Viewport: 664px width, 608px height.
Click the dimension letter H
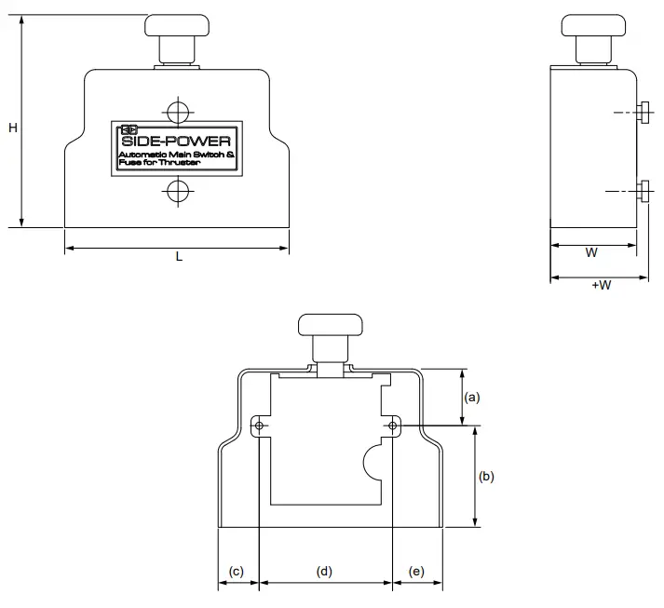click(x=13, y=128)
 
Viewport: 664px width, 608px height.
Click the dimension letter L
click(x=179, y=258)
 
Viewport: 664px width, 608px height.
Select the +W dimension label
click(x=601, y=285)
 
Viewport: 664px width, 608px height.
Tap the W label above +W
click(x=591, y=252)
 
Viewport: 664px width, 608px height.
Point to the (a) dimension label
click(x=472, y=397)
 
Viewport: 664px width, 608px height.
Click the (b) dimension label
click(x=485, y=476)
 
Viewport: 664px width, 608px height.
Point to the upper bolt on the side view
click(x=644, y=113)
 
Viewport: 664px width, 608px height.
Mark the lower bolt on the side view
click(x=644, y=191)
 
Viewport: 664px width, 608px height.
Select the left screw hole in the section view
click(x=260, y=426)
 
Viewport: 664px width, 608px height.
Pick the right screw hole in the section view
click(x=393, y=426)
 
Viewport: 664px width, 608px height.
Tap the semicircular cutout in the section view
click(x=372, y=463)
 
